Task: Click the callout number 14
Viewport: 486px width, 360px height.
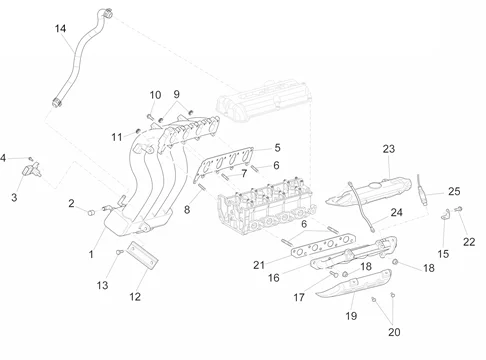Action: click(x=60, y=29)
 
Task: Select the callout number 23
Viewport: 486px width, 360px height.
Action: click(x=389, y=149)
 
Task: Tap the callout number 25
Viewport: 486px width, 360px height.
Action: click(x=454, y=191)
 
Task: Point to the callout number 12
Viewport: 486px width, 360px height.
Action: click(x=135, y=296)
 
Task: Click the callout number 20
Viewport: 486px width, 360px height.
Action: click(x=394, y=332)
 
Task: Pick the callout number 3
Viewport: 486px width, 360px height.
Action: click(x=14, y=197)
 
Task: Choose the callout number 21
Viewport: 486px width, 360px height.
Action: click(x=259, y=265)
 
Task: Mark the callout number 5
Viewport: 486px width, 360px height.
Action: click(x=277, y=148)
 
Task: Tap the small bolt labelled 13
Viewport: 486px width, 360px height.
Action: click(x=119, y=252)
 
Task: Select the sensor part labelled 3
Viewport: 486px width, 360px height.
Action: click(x=32, y=169)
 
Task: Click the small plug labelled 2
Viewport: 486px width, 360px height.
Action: click(x=91, y=212)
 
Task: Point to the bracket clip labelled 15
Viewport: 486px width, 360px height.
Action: click(x=446, y=214)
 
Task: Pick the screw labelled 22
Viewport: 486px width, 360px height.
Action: click(x=459, y=209)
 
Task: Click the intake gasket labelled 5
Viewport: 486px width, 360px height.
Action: click(x=224, y=164)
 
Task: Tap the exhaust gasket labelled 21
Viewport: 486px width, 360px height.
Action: click(x=323, y=246)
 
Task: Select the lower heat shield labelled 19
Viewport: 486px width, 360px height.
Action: click(x=354, y=284)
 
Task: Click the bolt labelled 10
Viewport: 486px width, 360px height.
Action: click(x=150, y=117)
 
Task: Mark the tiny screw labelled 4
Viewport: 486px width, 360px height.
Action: click(x=30, y=159)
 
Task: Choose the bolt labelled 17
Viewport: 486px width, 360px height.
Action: click(x=334, y=274)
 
